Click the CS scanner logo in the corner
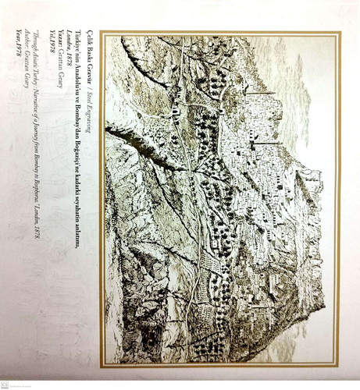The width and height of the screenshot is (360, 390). coord(6,384)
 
